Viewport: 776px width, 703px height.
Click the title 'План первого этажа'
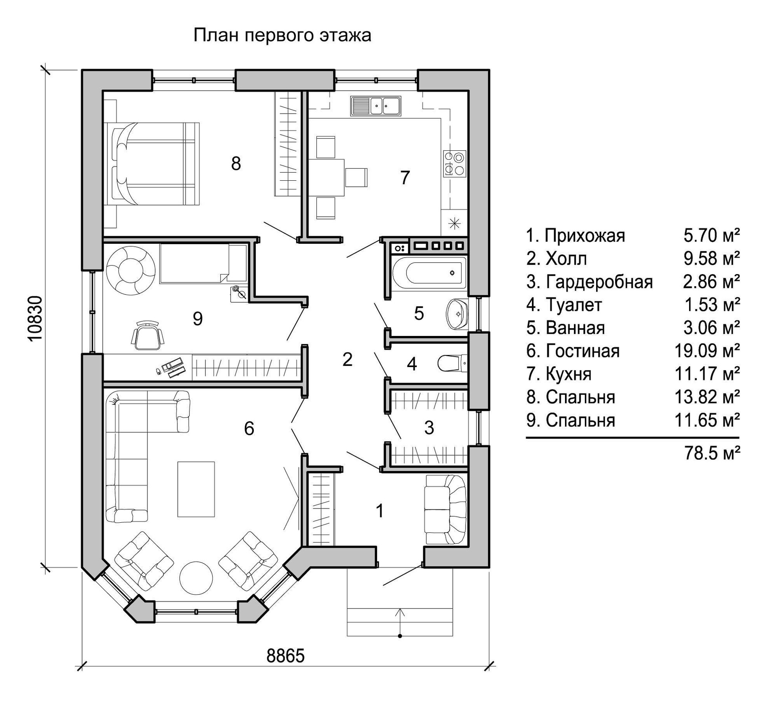coord(282,36)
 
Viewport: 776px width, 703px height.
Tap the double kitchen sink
coord(376,106)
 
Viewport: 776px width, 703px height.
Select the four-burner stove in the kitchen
coord(455,164)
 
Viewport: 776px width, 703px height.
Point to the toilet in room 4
coord(452,363)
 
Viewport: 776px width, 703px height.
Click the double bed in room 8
coord(152,164)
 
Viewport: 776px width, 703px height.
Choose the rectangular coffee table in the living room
coord(196,489)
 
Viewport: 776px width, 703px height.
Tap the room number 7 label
coord(405,178)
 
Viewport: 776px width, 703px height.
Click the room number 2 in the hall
coord(347,359)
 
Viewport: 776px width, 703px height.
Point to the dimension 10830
coord(36,319)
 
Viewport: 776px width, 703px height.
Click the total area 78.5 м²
coord(712,454)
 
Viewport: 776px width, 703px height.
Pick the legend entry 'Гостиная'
coord(582,351)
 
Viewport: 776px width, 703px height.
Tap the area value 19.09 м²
coord(707,351)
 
